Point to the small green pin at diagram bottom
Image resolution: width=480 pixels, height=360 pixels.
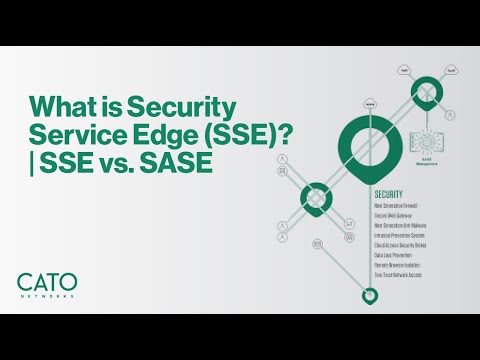point(370,296)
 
